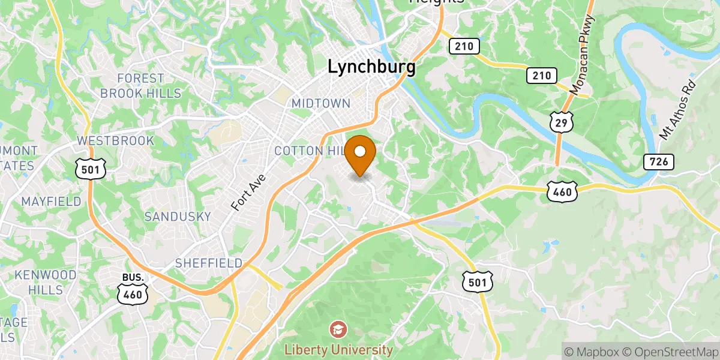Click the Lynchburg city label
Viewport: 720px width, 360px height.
(x=371, y=67)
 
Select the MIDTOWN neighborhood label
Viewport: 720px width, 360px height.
(x=320, y=103)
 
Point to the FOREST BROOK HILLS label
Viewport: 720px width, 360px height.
(x=140, y=86)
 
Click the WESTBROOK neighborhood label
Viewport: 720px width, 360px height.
(x=116, y=140)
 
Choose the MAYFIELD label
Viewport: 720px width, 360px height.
(x=51, y=202)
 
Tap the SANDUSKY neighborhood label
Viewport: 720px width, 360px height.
(x=178, y=217)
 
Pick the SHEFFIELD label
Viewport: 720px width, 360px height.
(x=209, y=263)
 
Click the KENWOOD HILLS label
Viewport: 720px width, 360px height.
(x=46, y=282)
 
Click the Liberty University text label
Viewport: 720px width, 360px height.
(x=338, y=349)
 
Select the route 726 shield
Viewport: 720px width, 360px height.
(x=658, y=161)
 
